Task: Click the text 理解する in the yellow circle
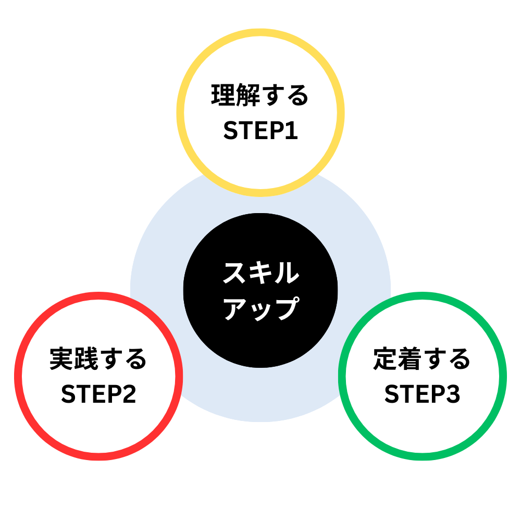tap(260, 97)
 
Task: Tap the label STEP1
tap(260, 131)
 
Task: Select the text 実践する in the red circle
tap(98, 359)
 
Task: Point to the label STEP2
tap(98, 394)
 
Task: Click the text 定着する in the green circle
tap(422, 359)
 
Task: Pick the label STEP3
tap(422, 394)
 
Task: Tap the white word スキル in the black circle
tap(260, 274)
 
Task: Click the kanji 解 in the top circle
tap(248, 97)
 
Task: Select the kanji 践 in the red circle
tap(86, 359)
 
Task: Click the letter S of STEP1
tap(231, 131)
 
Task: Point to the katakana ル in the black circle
tap(287, 274)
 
